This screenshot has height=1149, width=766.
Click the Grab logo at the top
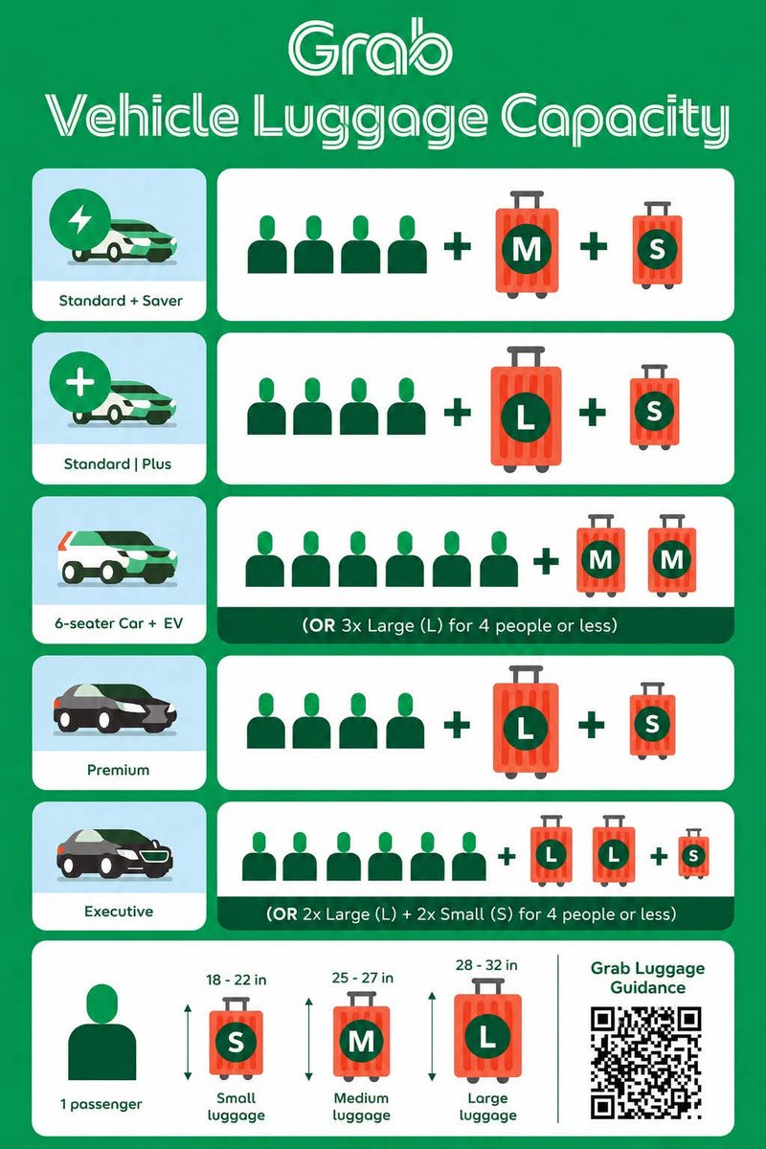click(370, 48)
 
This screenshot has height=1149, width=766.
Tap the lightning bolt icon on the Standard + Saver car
click(80, 219)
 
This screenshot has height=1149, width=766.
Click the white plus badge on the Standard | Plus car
click(80, 382)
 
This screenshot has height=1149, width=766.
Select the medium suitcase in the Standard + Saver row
click(527, 245)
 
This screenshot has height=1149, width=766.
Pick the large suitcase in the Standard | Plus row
click(526, 410)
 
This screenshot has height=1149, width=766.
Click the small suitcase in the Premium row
click(652, 722)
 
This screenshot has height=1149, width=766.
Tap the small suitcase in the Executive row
click(693, 854)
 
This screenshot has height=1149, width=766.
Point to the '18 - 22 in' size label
click(236, 980)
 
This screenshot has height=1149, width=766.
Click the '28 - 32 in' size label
click(486, 965)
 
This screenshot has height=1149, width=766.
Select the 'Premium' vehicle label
click(118, 770)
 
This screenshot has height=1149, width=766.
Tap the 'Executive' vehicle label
click(119, 912)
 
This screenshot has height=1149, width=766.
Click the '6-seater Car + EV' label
click(119, 623)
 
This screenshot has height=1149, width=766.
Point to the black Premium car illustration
click(115, 709)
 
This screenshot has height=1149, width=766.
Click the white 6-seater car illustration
click(119, 558)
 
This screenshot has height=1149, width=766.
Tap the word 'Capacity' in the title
click(615, 121)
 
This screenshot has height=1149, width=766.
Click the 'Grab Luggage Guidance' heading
click(647, 978)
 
